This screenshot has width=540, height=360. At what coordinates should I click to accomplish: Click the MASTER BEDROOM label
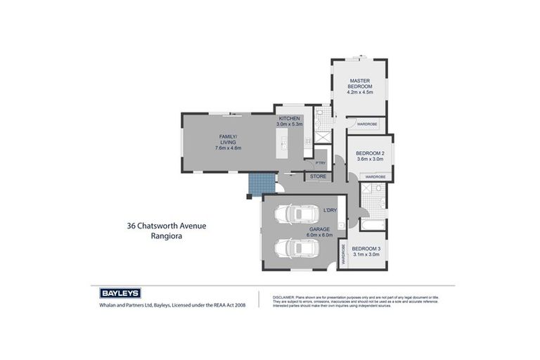coord(359,84)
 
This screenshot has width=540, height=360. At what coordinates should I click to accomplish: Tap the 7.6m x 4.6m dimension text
coord(228,148)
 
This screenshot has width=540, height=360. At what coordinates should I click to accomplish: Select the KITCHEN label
coord(289,118)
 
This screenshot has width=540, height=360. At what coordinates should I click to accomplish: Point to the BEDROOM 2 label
coord(370,153)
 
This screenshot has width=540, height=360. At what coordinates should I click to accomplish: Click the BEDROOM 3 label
coord(366,248)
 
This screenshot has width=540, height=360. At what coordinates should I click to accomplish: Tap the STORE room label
coord(318,176)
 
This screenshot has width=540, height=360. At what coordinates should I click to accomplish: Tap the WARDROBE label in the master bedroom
coord(367,124)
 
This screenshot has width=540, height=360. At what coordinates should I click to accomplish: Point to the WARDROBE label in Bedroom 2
coord(375,176)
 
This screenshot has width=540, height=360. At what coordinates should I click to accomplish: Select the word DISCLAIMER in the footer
coord(283,297)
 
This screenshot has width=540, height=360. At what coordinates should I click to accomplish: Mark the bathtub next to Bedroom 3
coord(372,225)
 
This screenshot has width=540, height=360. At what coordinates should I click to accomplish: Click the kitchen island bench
coord(285,148)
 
